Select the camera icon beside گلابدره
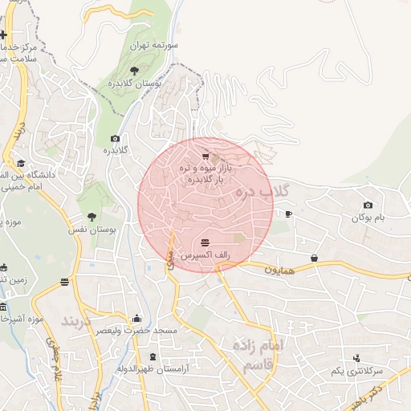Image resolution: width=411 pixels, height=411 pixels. click(x=115, y=139)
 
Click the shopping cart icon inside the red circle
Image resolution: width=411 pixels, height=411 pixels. click(x=205, y=156)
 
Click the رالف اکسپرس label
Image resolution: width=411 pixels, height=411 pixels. click(x=205, y=254)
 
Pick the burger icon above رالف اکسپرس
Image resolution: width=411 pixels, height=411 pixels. click(x=205, y=242)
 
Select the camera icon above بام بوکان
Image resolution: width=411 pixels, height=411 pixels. click(x=368, y=205)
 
